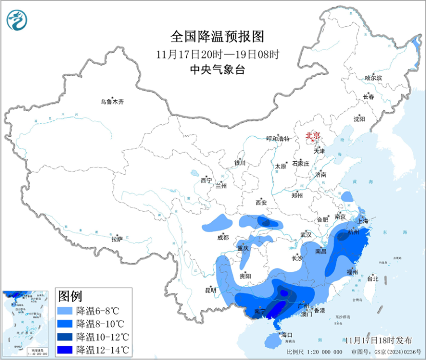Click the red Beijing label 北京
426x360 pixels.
312,136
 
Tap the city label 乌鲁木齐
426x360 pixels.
112,101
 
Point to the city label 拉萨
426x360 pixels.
117,239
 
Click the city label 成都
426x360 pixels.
222,237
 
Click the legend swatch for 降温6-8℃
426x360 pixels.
65,311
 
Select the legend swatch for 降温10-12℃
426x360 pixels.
65,337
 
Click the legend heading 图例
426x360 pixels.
70,296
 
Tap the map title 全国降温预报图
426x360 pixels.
217,36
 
